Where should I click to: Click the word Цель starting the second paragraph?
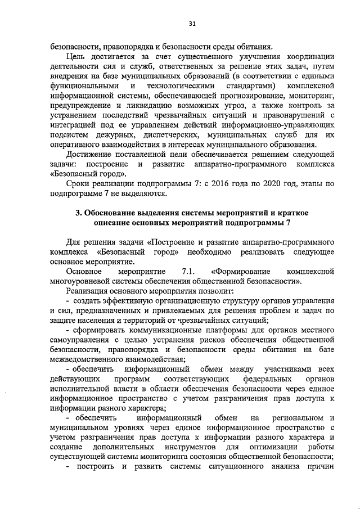pos(76,56)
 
